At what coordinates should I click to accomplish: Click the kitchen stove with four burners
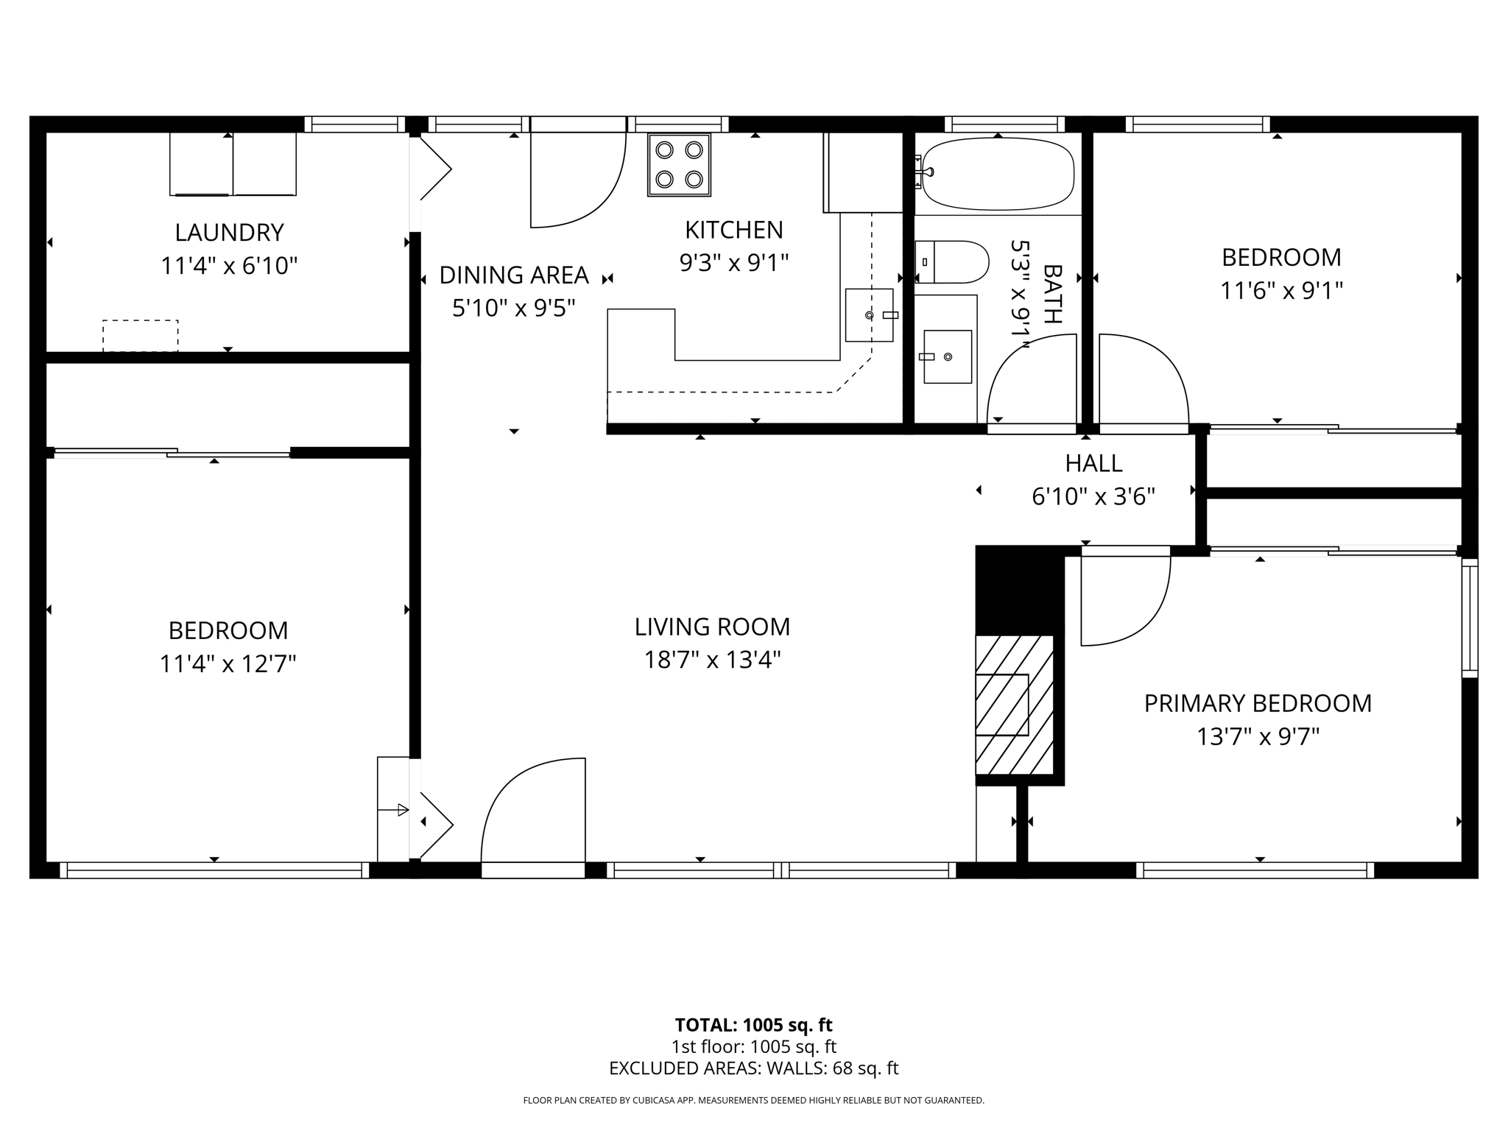(x=679, y=164)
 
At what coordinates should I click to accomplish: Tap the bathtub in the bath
(x=998, y=173)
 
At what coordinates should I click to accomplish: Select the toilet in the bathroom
(x=951, y=261)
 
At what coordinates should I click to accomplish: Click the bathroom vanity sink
(x=948, y=356)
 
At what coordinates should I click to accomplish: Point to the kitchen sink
(x=869, y=315)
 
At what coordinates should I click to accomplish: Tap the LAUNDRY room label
(x=229, y=233)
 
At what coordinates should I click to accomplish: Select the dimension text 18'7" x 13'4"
(x=712, y=660)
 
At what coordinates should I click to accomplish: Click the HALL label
(x=1093, y=463)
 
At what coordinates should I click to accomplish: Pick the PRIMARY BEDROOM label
(x=1258, y=703)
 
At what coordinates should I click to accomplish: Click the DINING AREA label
(x=514, y=275)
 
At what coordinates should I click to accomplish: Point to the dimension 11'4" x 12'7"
(x=228, y=664)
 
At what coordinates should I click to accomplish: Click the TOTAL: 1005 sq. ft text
(x=753, y=1025)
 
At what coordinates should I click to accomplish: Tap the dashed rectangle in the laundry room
(x=140, y=336)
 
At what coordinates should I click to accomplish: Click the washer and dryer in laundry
(x=233, y=163)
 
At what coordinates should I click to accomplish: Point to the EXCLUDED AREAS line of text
(x=753, y=1068)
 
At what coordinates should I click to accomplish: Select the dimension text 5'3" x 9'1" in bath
(x=1020, y=289)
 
